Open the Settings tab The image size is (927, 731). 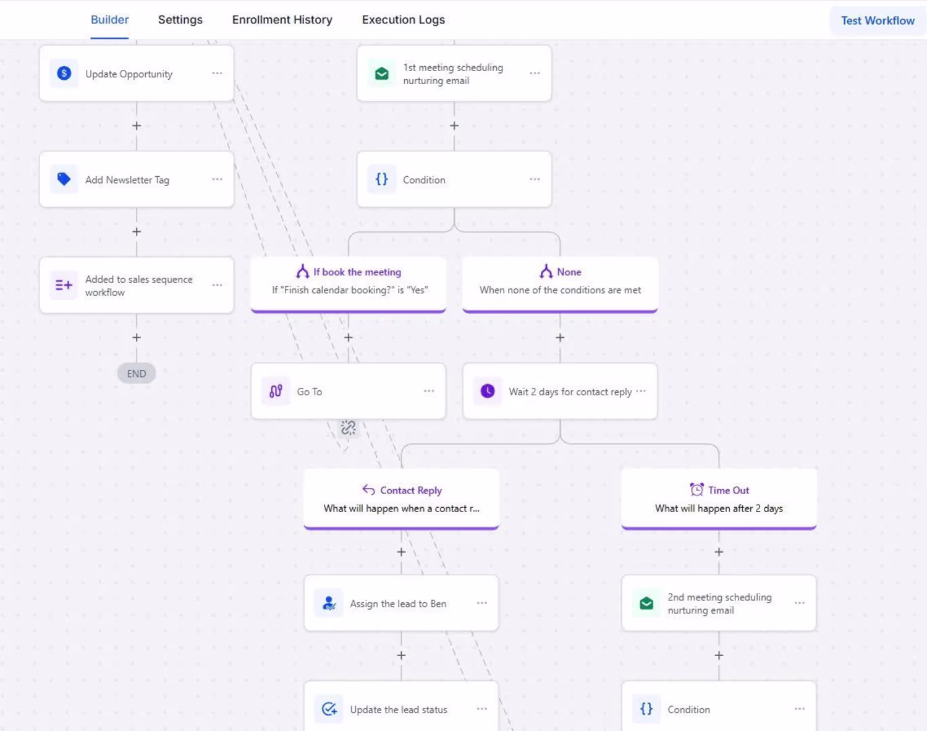point(180,20)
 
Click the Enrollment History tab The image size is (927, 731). point(282,20)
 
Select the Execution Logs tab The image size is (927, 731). point(403,20)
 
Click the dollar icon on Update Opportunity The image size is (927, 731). point(64,73)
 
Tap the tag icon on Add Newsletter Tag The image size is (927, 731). point(64,179)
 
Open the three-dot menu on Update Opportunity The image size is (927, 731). point(217,73)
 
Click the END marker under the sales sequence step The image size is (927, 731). point(137,374)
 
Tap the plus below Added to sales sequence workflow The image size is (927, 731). point(137,338)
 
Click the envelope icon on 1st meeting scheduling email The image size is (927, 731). point(382,74)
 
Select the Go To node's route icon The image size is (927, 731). point(276,391)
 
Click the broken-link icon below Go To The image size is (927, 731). point(348,427)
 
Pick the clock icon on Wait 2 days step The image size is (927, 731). point(488,391)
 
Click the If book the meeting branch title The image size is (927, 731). point(357,272)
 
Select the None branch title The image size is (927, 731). point(569,272)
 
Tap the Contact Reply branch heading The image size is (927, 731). point(411,490)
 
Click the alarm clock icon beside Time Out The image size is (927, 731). point(696,490)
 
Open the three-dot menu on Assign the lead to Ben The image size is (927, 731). point(482,603)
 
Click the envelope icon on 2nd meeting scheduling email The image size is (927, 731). point(646,604)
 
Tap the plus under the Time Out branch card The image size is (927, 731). point(719,552)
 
